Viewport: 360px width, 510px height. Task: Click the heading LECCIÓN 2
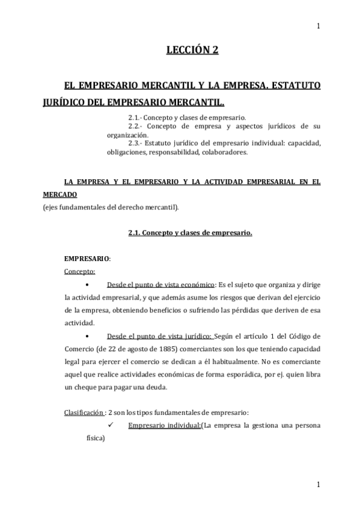(x=192, y=51)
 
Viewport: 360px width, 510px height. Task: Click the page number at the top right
(x=318, y=25)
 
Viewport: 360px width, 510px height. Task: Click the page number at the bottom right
(x=318, y=484)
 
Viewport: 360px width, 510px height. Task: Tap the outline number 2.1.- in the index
(x=138, y=117)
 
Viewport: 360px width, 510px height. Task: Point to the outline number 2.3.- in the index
(x=138, y=143)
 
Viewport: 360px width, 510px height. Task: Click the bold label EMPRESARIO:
(x=87, y=259)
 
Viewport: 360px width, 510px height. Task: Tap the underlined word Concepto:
(x=79, y=271)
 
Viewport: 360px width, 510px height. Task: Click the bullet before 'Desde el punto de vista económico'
(x=88, y=284)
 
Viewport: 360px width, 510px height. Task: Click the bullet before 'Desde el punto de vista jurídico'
(x=88, y=336)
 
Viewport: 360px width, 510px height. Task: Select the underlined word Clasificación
(x=84, y=413)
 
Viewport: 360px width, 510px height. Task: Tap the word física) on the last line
(x=96, y=438)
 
